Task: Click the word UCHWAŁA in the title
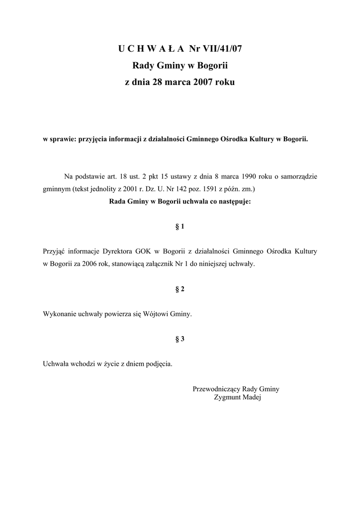point(151,48)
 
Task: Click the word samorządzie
point(297,176)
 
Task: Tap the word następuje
point(234,202)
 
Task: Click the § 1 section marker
point(180,227)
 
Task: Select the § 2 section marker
point(180,289)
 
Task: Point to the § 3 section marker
point(180,339)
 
